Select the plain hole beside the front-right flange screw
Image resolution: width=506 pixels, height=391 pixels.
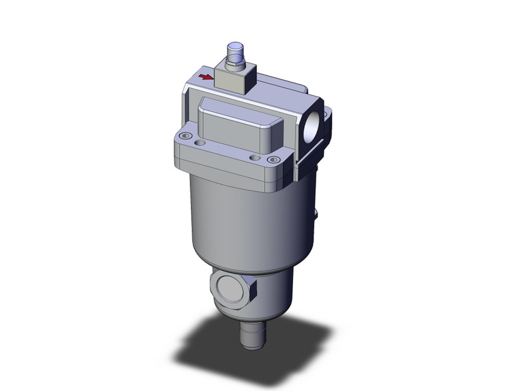[254, 157]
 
